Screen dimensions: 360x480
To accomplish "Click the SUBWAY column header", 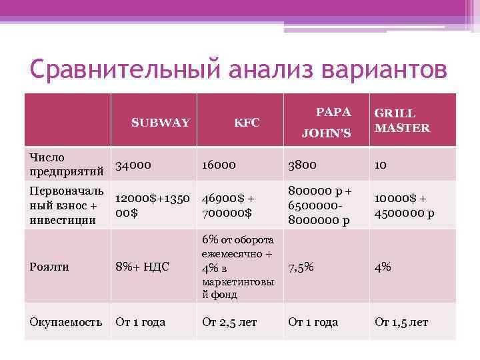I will [161, 123].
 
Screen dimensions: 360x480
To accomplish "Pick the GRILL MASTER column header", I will [402, 121].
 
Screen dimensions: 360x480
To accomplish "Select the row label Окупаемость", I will [65, 322].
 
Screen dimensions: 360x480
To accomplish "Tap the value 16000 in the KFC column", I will [220, 165].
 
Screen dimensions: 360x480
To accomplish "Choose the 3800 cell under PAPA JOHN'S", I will [303, 165].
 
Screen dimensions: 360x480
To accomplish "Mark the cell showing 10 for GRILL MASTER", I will [381, 165].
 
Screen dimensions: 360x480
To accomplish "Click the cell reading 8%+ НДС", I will [142, 267].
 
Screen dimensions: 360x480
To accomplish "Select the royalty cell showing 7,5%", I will [301, 267].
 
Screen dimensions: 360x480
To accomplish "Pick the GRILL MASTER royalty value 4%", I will [383, 267].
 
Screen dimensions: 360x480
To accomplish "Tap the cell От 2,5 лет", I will [229, 322].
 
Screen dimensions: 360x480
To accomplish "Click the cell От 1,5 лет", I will [401, 322].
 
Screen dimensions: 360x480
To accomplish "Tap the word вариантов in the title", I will [383, 70].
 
